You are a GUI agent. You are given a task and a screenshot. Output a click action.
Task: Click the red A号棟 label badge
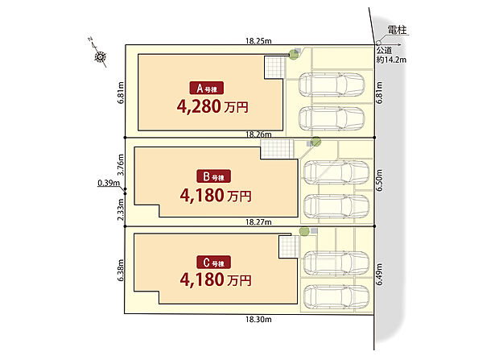(206, 88)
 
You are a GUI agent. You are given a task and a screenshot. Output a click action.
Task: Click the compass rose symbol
(101, 56)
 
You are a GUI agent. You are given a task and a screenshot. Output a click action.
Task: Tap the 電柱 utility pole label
(397, 31)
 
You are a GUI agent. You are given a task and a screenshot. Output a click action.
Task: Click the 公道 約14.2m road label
(392, 54)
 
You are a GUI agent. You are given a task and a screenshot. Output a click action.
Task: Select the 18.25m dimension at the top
(258, 38)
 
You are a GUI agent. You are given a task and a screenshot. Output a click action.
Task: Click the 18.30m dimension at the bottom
(258, 320)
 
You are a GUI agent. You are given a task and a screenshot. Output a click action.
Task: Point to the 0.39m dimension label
(108, 183)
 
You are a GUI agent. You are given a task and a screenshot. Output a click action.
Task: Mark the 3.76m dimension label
(119, 167)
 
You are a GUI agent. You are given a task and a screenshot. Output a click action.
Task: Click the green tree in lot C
(303, 232)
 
